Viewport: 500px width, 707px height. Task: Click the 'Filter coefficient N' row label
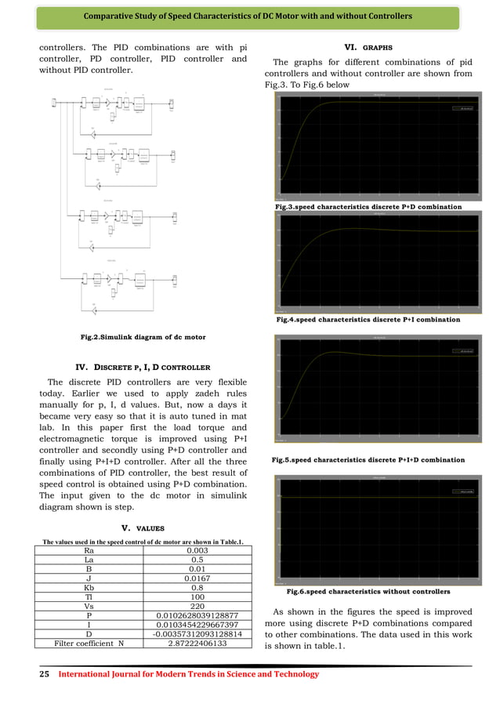click(88, 644)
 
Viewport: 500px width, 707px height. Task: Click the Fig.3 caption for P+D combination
click(368, 207)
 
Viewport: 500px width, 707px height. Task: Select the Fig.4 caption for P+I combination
click(368, 320)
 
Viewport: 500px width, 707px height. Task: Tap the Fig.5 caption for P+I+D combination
click(368, 460)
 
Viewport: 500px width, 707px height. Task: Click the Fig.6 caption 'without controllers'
click(368, 591)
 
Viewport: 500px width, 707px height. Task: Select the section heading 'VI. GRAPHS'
click(368, 47)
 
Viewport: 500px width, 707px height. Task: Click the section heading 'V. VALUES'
click(143, 528)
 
